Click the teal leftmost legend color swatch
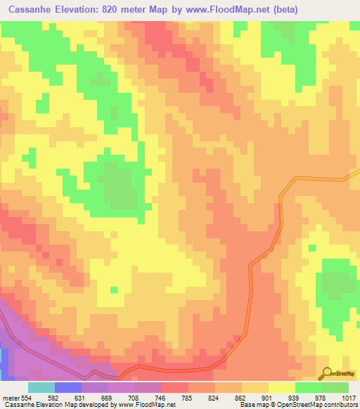(41, 387)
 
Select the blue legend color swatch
(68, 387)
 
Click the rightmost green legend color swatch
(335, 387)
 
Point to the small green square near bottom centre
(113, 289)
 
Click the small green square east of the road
(311, 247)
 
